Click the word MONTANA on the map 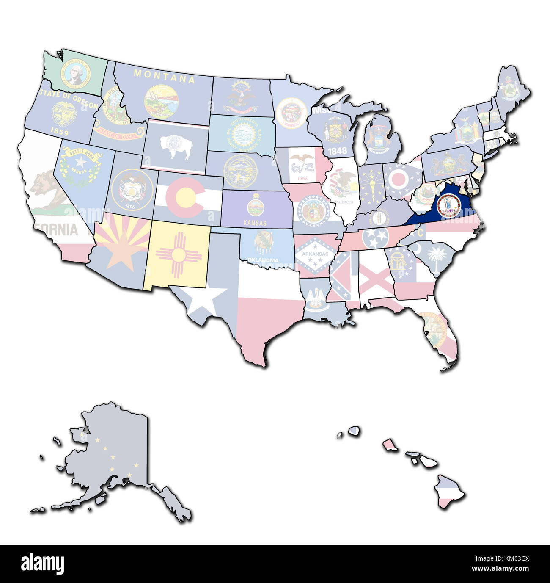click(165, 76)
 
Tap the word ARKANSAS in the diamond click(312, 254)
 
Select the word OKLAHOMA click(264, 260)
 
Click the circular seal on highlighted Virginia click(447, 204)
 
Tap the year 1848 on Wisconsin click(337, 150)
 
